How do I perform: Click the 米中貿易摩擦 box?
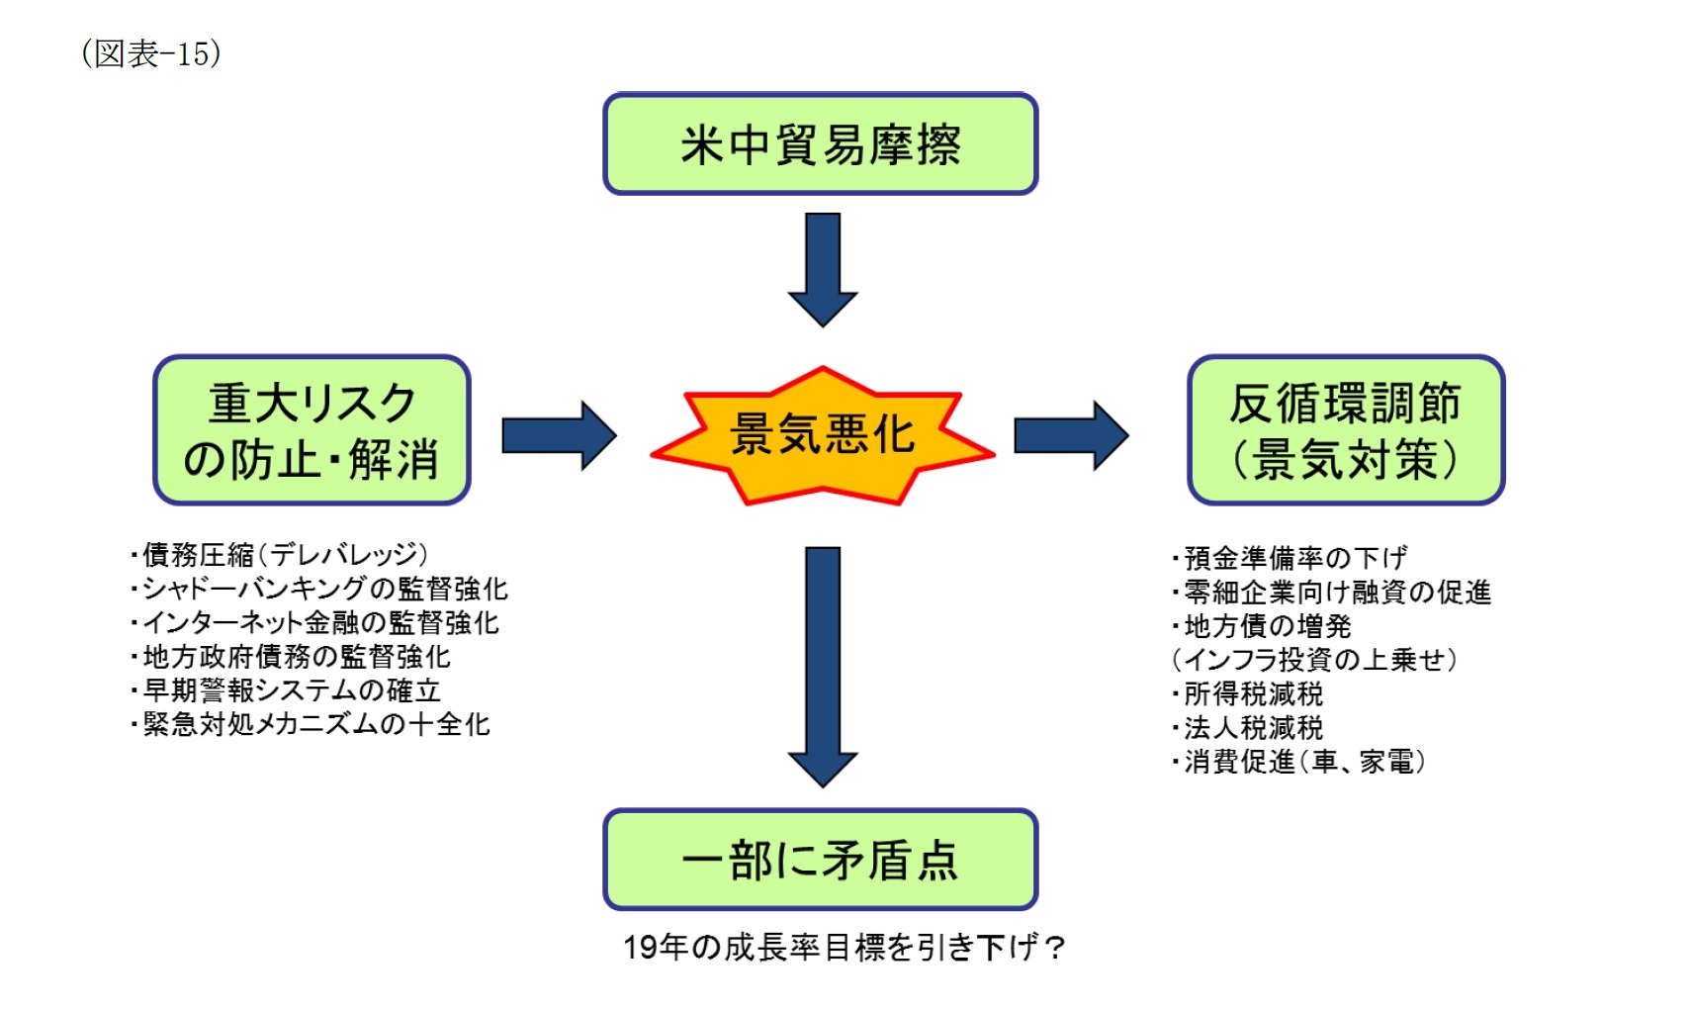[x=820, y=144]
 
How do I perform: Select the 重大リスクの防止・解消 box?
[x=311, y=430]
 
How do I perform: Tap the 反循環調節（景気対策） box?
[x=1345, y=430]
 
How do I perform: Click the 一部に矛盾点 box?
[x=820, y=860]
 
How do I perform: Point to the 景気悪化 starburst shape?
[x=822, y=435]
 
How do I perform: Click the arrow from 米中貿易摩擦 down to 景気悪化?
[x=822, y=267]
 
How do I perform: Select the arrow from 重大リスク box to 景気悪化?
[x=559, y=435]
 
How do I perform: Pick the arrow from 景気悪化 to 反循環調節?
[x=1070, y=435]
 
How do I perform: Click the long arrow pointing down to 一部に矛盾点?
[x=822, y=663]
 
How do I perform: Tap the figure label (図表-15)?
[x=151, y=53]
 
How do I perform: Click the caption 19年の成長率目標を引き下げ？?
[x=844, y=948]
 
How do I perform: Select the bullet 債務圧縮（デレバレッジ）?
[x=281, y=555]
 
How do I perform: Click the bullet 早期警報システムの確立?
[x=288, y=690]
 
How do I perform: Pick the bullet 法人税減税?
[x=1249, y=728]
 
